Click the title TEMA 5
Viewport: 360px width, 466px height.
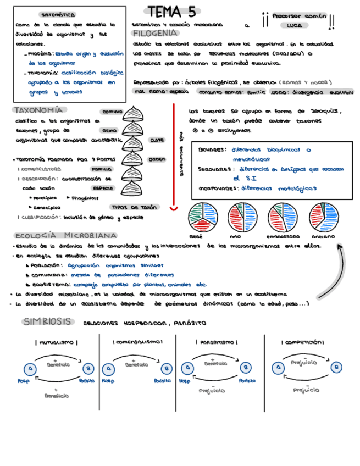coord(171,12)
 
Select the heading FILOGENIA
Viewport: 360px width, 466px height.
coord(154,34)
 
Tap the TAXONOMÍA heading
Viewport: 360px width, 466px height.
coord(37,110)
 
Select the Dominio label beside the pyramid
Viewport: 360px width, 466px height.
coord(112,111)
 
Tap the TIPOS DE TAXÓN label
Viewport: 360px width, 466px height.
coord(134,207)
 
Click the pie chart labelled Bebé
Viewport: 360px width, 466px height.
coord(203,217)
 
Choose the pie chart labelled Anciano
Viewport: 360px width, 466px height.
coord(323,217)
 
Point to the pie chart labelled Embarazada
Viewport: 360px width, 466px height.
coord(283,217)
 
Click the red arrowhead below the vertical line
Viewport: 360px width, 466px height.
coord(173,208)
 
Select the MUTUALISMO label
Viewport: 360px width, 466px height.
coord(57,342)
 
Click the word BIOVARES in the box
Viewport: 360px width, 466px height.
coord(212,149)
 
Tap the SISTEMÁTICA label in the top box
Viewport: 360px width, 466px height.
coord(58,15)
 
